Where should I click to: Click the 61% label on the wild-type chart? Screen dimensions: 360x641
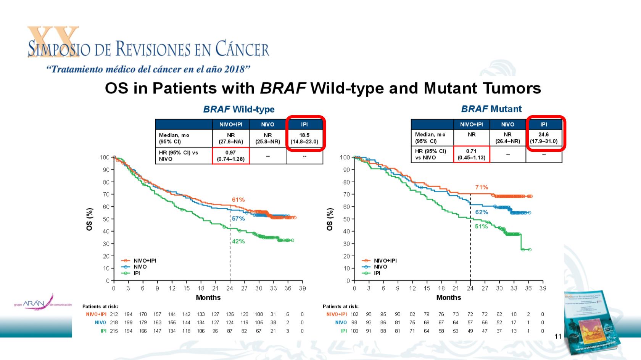(x=238, y=200)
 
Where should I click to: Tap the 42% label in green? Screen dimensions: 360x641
(x=238, y=241)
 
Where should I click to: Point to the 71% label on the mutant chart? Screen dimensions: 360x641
(x=482, y=187)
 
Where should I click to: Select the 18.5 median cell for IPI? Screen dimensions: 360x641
(x=304, y=138)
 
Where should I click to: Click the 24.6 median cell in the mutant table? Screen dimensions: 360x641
(x=543, y=138)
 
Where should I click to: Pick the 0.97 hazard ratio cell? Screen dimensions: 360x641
(x=230, y=156)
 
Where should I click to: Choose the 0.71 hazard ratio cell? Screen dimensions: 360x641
(x=471, y=154)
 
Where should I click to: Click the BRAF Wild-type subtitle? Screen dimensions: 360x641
(x=238, y=109)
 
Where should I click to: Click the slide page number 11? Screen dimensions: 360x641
(x=558, y=336)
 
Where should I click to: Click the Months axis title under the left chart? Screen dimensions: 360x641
(x=208, y=297)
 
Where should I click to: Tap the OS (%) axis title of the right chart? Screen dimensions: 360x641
(x=330, y=219)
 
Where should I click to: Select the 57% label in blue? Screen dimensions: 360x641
(x=238, y=219)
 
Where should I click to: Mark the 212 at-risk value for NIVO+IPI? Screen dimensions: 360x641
(x=114, y=314)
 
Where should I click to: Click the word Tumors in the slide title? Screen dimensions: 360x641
(x=512, y=88)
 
